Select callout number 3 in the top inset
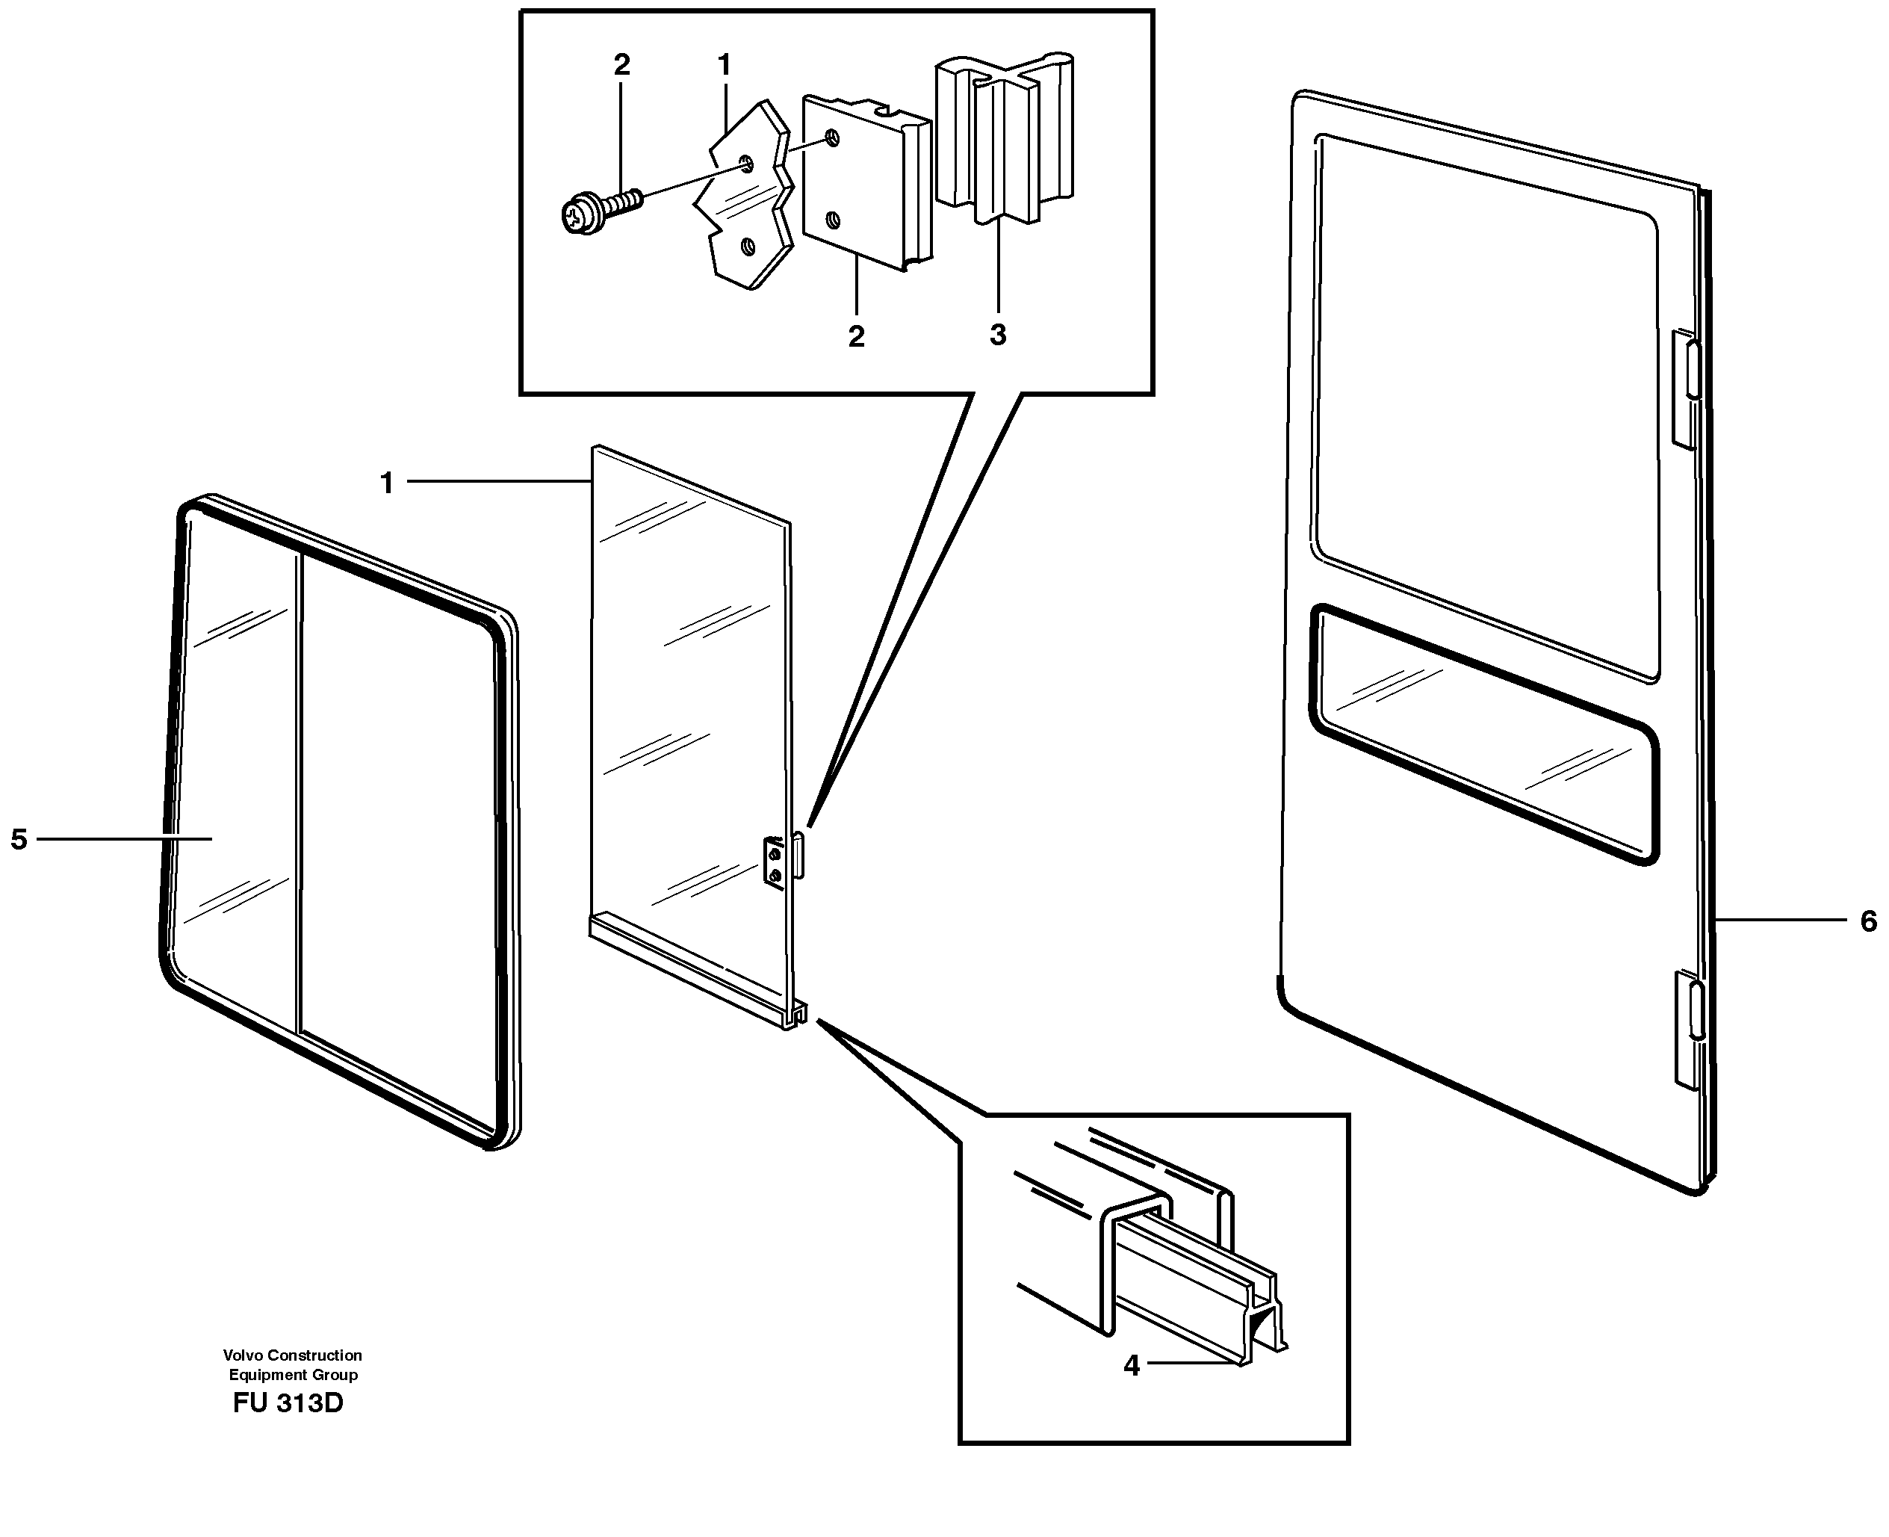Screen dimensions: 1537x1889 pos(998,335)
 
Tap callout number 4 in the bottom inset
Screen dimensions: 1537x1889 pos(1132,1365)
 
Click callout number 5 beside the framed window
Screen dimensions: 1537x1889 pos(19,838)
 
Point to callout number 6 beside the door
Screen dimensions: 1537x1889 pos(1868,921)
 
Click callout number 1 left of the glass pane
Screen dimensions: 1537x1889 pos(387,483)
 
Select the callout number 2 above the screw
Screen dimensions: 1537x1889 pos(621,64)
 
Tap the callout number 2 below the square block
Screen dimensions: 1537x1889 pos(855,336)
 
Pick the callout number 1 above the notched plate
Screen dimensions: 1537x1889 pos(724,64)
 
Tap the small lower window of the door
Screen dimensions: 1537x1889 pos(1483,735)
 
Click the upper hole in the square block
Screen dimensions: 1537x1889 pos(831,137)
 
